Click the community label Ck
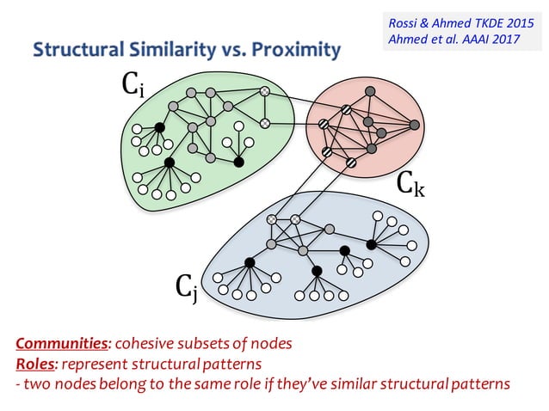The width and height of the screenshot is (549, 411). pos(410,183)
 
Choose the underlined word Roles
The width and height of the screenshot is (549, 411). pos(35,363)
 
